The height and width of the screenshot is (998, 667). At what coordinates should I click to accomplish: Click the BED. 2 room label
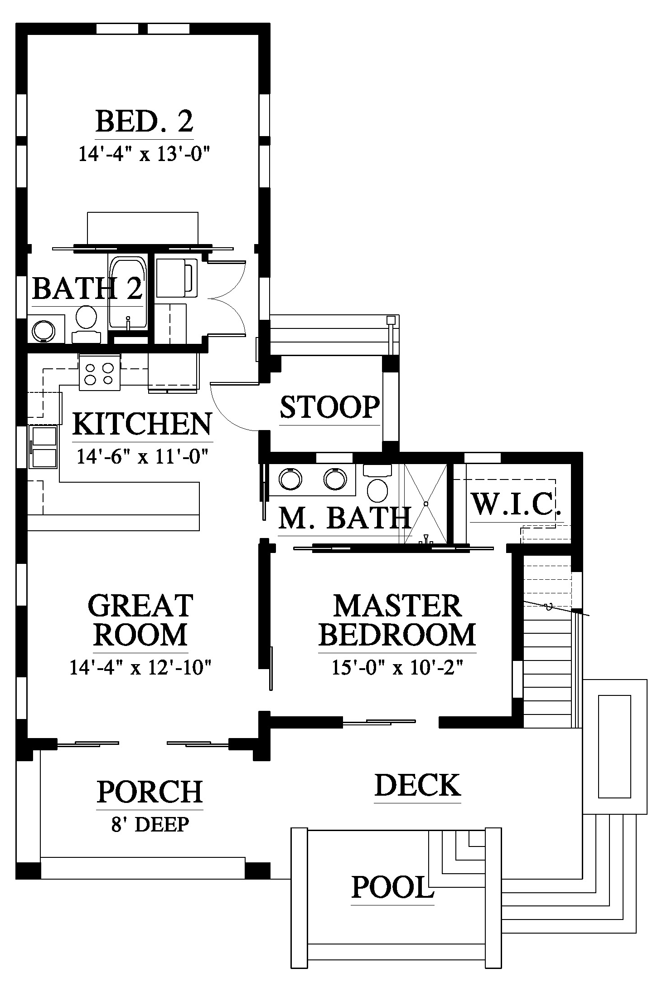tap(145, 121)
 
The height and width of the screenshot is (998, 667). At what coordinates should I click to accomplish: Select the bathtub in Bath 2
tap(128, 293)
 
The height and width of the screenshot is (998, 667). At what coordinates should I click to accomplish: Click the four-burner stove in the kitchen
tap(100, 372)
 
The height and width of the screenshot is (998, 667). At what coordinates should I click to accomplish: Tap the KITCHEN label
tap(142, 424)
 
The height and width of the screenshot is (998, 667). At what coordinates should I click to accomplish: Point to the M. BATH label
tap(344, 518)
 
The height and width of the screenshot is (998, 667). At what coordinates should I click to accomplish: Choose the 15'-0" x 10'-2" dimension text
tap(397, 668)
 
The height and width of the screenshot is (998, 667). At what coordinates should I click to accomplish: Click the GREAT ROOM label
tap(141, 620)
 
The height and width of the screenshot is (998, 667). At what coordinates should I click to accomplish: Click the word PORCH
tap(150, 792)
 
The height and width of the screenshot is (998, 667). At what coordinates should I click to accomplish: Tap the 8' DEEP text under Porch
tap(150, 824)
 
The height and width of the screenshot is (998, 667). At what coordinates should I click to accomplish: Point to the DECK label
tap(418, 785)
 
